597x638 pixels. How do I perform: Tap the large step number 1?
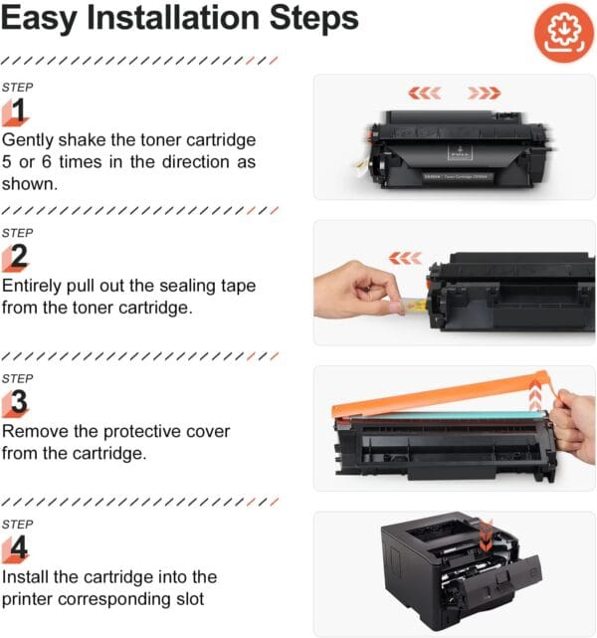(21, 108)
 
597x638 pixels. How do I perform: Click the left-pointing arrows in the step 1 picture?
(425, 93)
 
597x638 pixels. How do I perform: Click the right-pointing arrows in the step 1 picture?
(485, 93)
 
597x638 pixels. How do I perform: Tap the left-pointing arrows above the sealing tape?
(405, 258)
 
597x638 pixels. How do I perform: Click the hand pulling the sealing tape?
(353, 292)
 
